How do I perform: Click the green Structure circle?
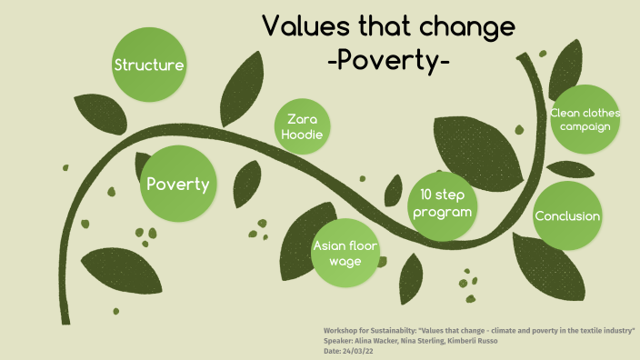point(149,65)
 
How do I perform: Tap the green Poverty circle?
point(178,185)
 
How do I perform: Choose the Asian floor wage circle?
point(345,254)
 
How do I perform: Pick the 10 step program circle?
point(441,203)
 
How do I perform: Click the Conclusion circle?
point(567,216)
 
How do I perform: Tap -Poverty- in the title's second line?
point(389,61)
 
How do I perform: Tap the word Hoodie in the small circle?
point(301,135)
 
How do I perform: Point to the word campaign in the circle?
point(585,126)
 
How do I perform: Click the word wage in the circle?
point(345,262)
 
